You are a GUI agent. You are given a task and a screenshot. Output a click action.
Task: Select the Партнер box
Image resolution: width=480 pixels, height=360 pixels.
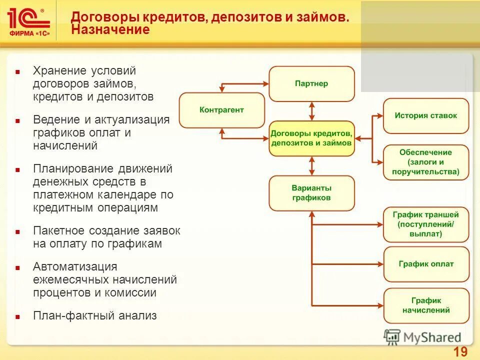tap(311, 83)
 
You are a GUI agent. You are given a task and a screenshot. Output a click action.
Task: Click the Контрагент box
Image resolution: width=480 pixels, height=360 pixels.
tap(221, 110)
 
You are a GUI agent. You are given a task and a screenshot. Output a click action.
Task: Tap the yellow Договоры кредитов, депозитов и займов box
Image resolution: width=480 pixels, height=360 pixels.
tap(311, 138)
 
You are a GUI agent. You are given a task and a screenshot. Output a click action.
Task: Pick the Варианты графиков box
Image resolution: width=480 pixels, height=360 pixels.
tap(311, 193)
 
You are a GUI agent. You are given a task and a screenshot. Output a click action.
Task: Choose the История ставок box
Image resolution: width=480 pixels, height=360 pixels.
tap(426, 115)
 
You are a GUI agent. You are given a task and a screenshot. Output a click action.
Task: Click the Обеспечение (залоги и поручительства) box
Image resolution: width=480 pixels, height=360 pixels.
tap(426, 162)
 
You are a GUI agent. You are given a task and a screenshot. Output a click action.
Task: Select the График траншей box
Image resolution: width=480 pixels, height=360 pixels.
tap(426, 224)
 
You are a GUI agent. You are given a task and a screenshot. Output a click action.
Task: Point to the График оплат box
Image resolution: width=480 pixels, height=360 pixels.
tap(426, 263)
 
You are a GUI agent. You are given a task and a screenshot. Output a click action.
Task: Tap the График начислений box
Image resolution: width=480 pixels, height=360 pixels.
tap(426, 305)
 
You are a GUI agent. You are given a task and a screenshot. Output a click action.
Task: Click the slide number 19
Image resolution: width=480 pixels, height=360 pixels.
tap(460, 352)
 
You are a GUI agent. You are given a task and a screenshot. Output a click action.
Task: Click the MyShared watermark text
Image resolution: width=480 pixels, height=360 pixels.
tap(432, 337)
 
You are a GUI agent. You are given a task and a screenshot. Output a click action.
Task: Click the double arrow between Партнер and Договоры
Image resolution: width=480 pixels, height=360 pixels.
tap(312, 111)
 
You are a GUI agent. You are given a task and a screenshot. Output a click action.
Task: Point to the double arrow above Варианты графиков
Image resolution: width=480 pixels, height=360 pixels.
tap(312, 165)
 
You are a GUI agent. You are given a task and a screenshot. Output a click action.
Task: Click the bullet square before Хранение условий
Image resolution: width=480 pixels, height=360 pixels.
tap(17, 72)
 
